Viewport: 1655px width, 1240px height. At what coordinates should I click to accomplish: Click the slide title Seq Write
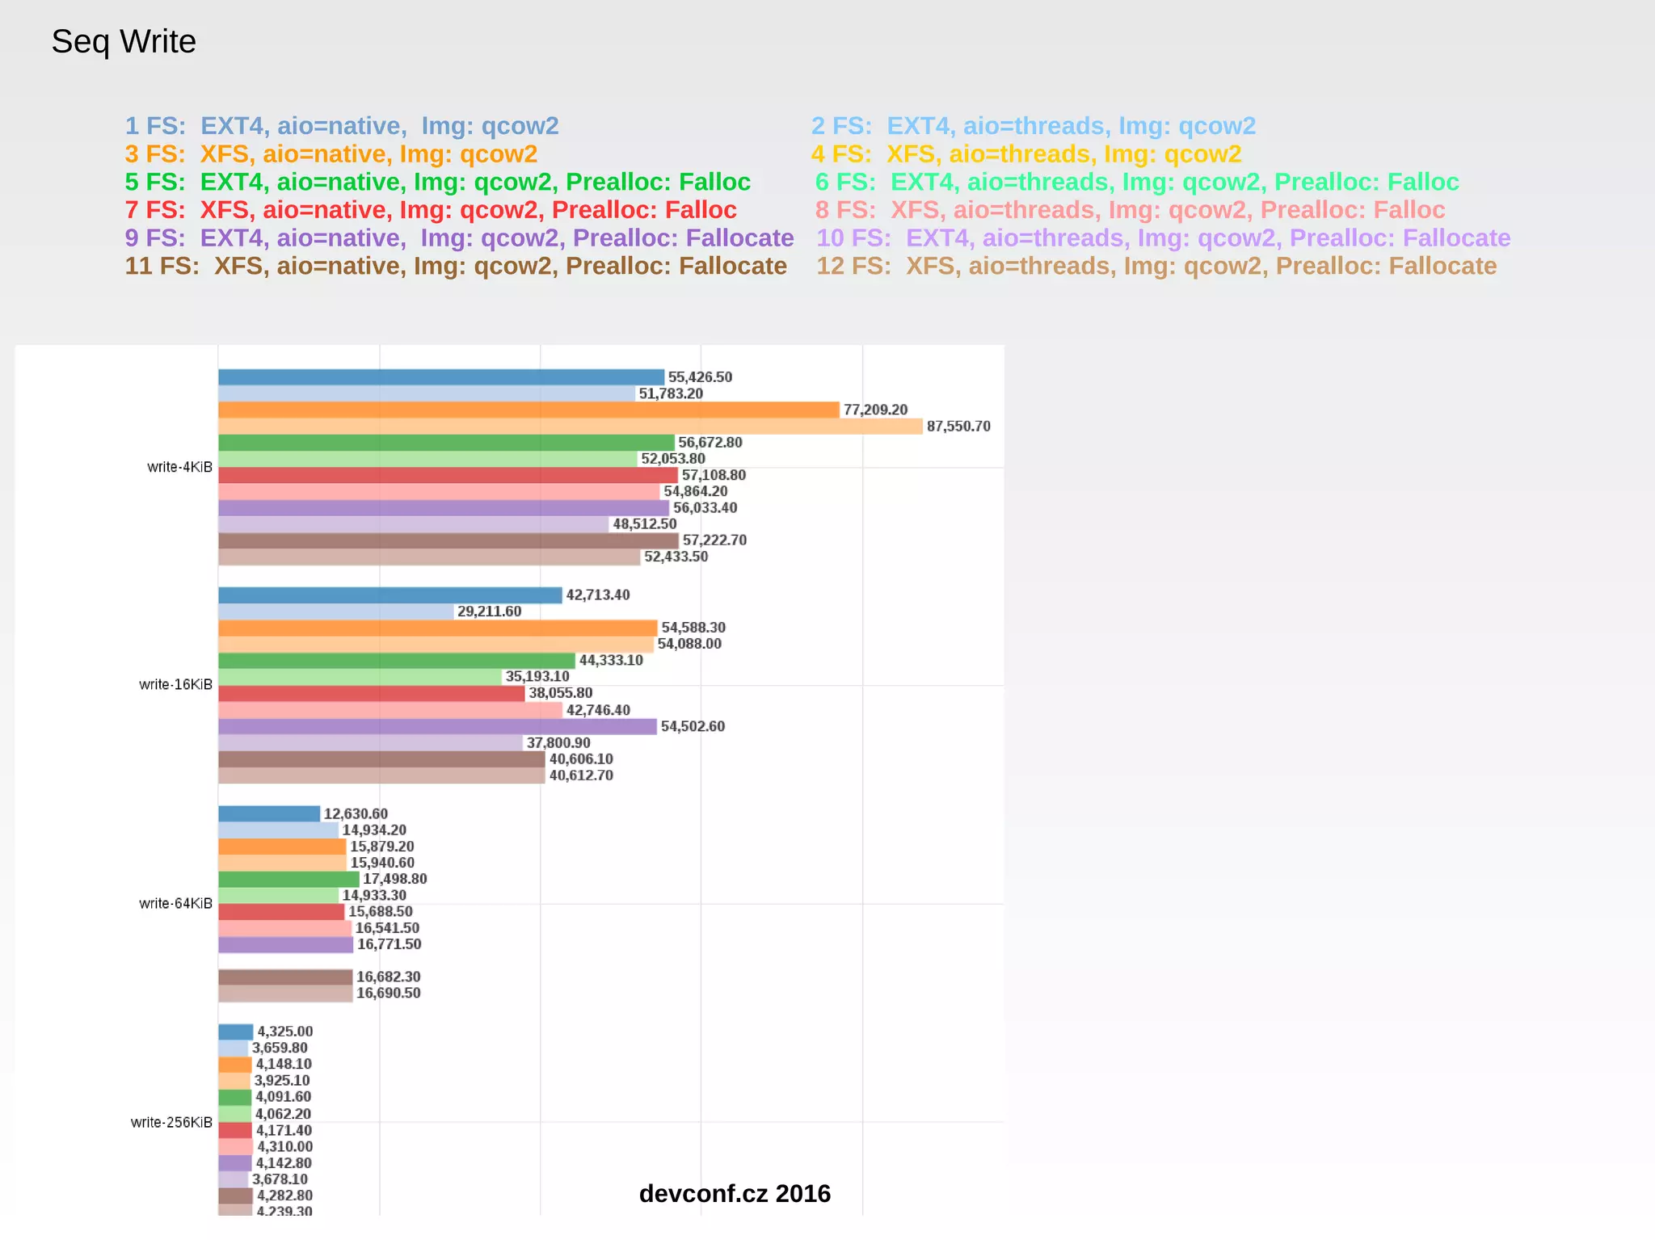point(124,41)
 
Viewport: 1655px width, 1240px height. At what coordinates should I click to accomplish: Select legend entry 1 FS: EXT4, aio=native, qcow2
point(342,126)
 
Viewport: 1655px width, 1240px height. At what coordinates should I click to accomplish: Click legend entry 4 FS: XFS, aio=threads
point(1026,153)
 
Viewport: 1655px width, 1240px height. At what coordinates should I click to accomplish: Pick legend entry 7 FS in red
point(431,210)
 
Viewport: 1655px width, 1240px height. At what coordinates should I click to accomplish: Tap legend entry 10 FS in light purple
point(1163,237)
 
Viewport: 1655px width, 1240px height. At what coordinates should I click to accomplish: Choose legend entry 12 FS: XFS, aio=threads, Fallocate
point(1156,266)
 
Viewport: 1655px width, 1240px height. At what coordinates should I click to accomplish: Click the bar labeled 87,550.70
point(570,427)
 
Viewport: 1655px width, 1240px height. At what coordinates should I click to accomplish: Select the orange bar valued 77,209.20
point(529,410)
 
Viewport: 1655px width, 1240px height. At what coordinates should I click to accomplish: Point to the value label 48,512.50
point(644,524)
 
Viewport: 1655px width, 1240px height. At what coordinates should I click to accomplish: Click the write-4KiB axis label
point(179,467)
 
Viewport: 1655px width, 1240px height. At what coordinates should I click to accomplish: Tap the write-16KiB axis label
point(175,684)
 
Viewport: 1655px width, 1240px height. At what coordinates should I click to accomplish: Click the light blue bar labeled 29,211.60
point(335,612)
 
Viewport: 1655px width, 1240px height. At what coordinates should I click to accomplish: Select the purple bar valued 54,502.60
point(437,726)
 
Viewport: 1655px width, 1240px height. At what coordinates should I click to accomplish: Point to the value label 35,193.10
point(537,677)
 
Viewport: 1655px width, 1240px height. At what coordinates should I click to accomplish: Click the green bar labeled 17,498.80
point(288,879)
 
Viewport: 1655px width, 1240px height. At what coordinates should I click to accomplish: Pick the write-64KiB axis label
point(175,903)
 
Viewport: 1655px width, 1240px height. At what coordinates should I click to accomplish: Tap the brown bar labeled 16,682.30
point(285,977)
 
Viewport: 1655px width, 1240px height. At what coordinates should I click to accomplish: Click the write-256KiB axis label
point(171,1122)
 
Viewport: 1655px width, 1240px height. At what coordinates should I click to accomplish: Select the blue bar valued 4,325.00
point(236,1032)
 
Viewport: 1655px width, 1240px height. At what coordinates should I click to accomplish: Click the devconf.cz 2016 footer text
point(735,1193)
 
